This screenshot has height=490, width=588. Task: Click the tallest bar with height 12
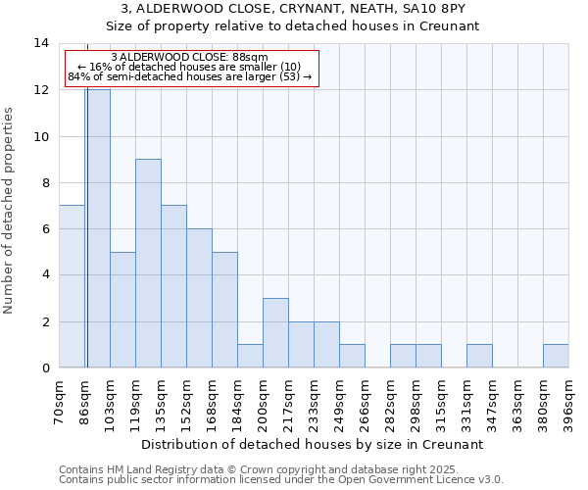(x=98, y=228)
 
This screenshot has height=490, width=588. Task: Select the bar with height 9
(x=148, y=263)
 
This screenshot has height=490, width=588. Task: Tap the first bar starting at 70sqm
(x=72, y=286)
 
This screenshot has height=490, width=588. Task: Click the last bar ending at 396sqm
(x=556, y=356)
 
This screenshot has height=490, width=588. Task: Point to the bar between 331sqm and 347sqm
(x=479, y=356)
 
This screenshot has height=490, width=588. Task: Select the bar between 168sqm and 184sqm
(x=224, y=310)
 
